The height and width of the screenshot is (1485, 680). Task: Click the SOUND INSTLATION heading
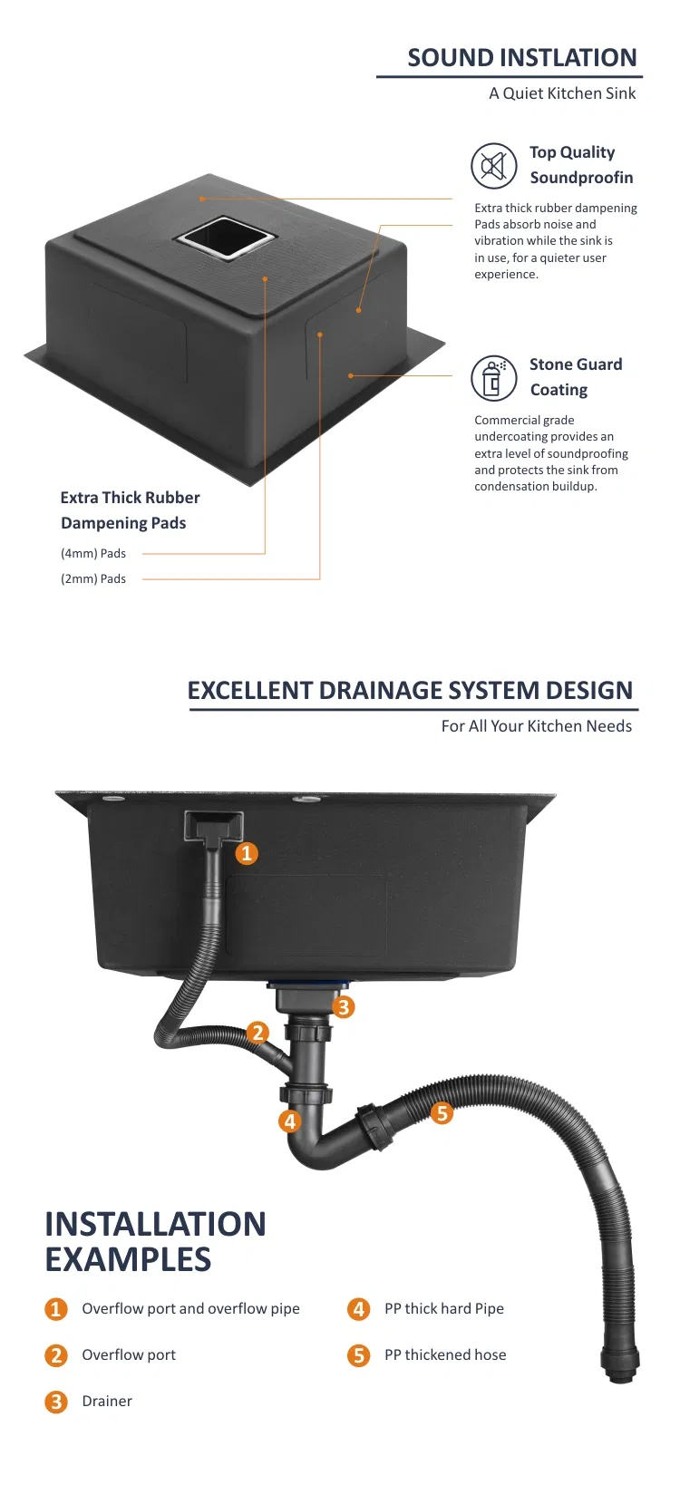click(x=521, y=58)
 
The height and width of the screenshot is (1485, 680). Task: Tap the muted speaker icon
click(x=494, y=166)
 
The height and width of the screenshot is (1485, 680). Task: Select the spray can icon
click(x=494, y=378)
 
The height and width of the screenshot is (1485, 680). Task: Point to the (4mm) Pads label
click(x=93, y=553)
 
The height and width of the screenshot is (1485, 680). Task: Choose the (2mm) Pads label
click(x=93, y=578)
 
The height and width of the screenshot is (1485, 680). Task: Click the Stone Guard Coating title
click(x=576, y=376)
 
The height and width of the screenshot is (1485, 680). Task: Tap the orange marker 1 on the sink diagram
click(x=247, y=853)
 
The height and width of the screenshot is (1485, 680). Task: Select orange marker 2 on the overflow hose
click(x=257, y=1033)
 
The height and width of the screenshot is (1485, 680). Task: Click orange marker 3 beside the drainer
click(x=343, y=1008)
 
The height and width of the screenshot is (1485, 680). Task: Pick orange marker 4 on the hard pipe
click(x=289, y=1121)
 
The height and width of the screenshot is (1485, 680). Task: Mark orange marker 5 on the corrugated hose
click(x=442, y=1112)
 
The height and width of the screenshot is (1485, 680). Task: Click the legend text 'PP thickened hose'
click(x=445, y=1354)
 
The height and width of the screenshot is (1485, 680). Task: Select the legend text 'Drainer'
click(x=107, y=1401)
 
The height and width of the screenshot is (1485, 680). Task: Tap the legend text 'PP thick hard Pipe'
click(x=444, y=1308)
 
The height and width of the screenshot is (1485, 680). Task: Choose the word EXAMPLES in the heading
click(x=128, y=1259)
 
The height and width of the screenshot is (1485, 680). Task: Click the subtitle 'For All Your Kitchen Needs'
click(x=536, y=726)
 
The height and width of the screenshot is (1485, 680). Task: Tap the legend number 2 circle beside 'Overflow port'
click(x=56, y=1355)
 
